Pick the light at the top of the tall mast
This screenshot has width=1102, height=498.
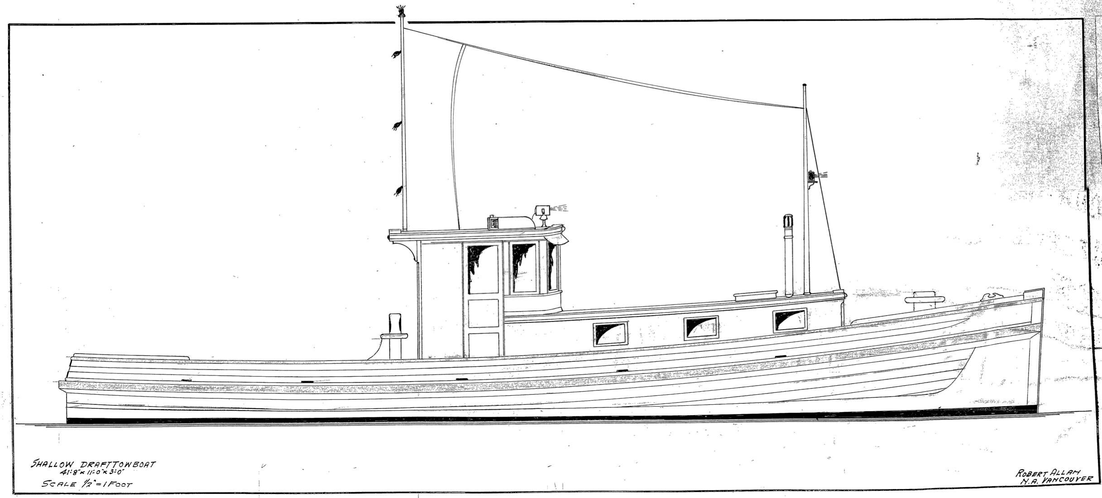pos(400,11)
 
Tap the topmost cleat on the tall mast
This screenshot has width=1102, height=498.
pos(397,54)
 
